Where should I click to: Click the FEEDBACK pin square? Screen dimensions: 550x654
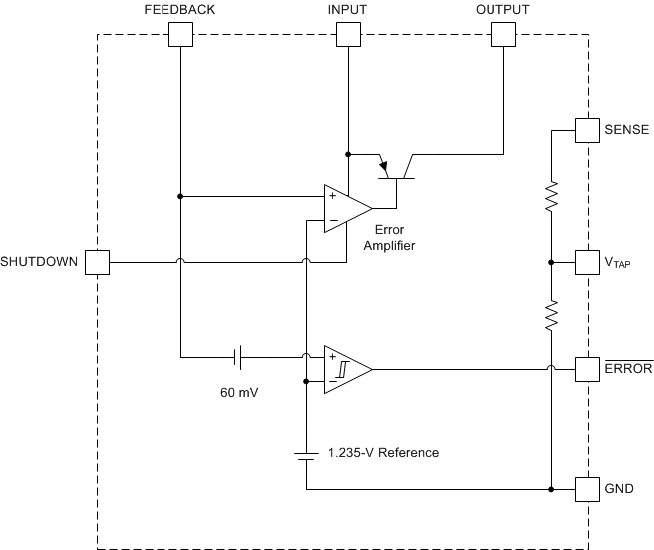[x=179, y=35]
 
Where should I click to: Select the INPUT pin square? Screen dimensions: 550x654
[x=347, y=35]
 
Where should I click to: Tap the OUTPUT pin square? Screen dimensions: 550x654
[x=503, y=35]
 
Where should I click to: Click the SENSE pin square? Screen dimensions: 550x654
[x=589, y=130]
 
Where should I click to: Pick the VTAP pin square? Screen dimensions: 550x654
[x=589, y=263]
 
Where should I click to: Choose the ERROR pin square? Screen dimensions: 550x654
[x=589, y=368]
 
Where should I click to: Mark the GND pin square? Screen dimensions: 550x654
[x=589, y=489]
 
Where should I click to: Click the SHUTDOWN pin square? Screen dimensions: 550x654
[x=97, y=263]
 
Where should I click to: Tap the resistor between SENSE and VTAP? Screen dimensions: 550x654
[x=550, y=198]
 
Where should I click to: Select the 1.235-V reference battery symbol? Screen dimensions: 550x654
[x=305, y=453]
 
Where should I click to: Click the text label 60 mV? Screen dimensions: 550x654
[x=239, y=393]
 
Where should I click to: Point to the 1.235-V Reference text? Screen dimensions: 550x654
[x=383, y=453]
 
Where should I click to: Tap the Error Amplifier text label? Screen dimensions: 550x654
[x=389, y=238]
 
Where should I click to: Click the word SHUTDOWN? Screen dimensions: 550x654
[x=38, y=263]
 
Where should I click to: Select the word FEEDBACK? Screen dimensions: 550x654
[x=179, y=9]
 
